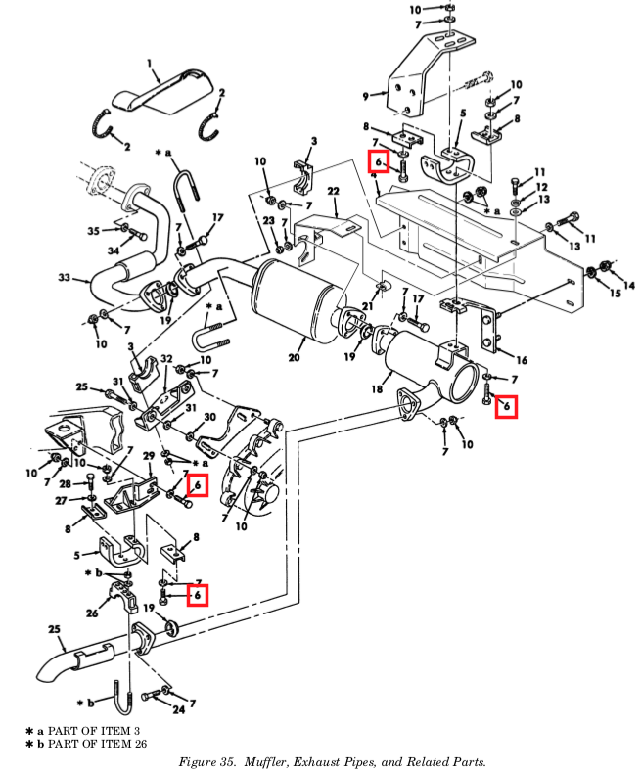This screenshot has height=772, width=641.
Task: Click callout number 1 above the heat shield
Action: [149, 64]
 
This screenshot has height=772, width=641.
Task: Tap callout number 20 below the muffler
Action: [294, 357]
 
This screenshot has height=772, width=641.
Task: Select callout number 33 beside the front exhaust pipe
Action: [65, 278]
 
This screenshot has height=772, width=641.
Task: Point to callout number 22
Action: [334, 191]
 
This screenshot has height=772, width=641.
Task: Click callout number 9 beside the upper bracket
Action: [365, 96]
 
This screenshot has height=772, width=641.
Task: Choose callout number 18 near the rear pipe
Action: [377, 389]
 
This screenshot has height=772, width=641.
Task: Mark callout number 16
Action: [522, 360]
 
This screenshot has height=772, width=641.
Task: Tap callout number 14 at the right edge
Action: [628, 285]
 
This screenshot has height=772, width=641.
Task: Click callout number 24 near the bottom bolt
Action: [179, 709]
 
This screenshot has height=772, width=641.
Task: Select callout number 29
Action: [149, 456]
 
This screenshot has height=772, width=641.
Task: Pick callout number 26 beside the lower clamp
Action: [92, 613]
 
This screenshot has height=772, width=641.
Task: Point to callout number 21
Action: [367, 306]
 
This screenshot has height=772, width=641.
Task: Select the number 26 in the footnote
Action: [140, 744]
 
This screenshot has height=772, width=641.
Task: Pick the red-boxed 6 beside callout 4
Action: [379, 161]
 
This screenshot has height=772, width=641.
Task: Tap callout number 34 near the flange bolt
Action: [114, 250]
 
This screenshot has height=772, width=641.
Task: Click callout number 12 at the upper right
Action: [541, 187]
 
